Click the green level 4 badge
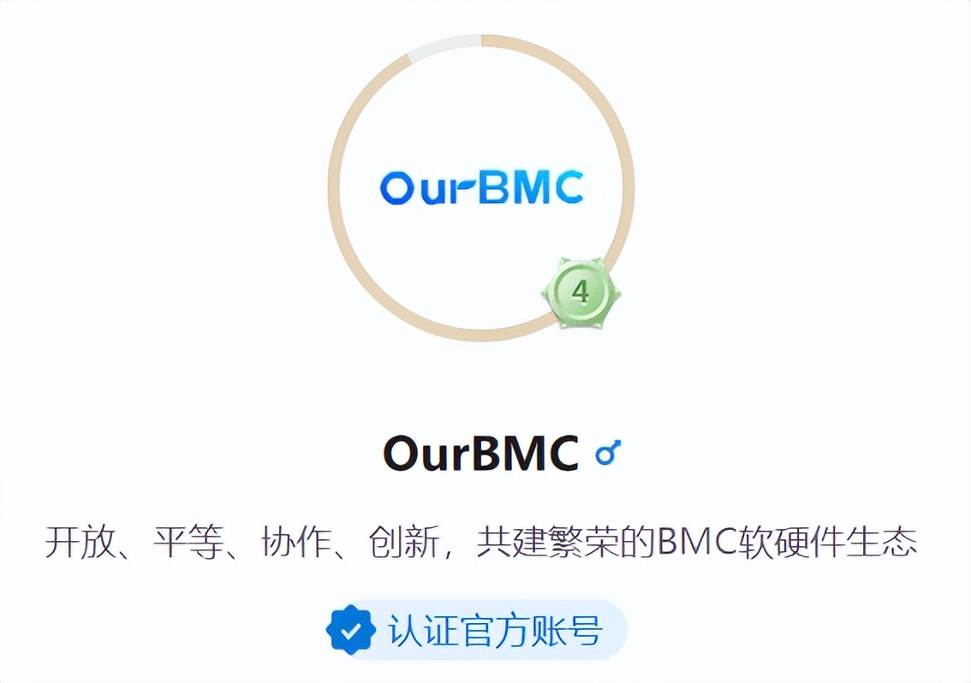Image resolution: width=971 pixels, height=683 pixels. pyautogui.click(x=581, y=293)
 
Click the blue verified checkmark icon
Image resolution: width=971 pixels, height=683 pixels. pyautogui.click(x=350, y=631)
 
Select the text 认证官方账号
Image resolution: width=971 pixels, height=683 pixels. pyautogui.click(x=495, y=632)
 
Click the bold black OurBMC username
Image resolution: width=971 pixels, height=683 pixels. pyautogui.click(x=480, y=454)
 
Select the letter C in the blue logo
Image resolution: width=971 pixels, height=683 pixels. pyautogui.click(x=567, y=187)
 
